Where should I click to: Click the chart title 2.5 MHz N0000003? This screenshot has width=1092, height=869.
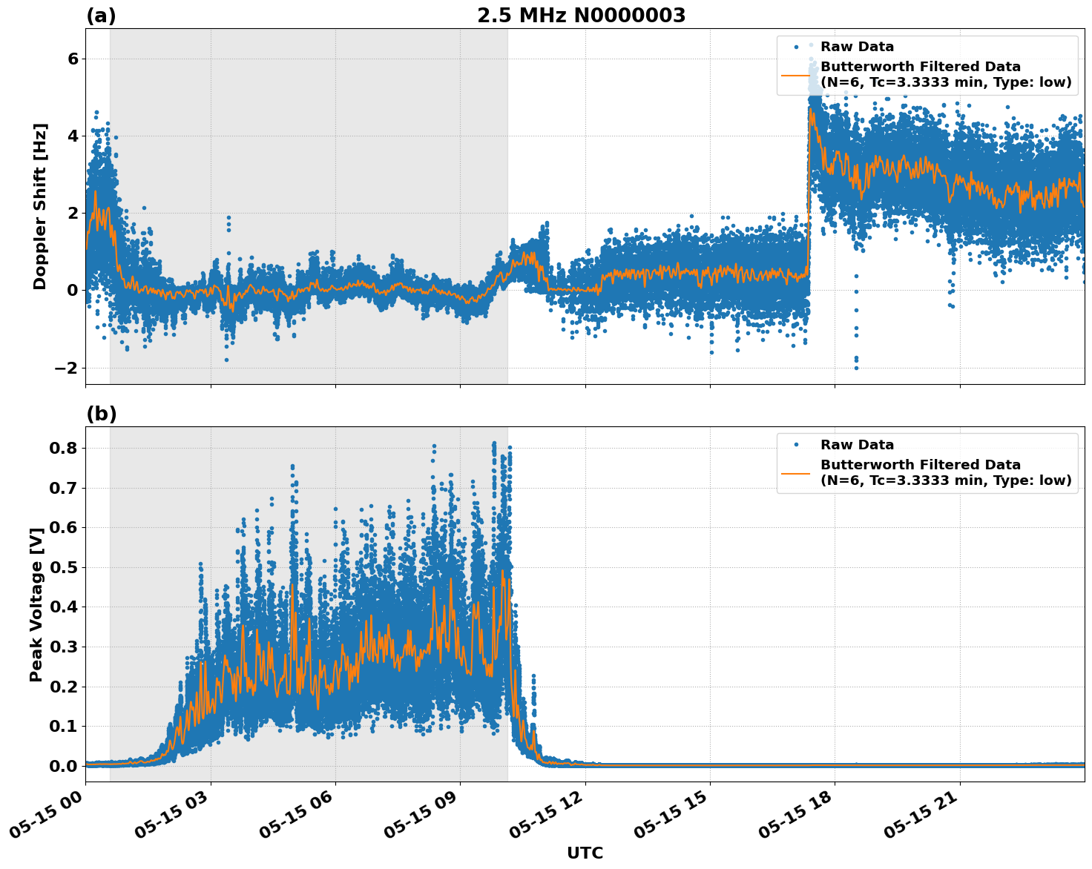(581, 16)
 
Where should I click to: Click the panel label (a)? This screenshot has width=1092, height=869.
(101, 16)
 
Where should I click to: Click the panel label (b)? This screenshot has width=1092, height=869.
(101, 414)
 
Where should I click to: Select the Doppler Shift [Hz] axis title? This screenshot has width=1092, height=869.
(40, 206)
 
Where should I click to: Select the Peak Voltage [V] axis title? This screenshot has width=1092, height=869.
(36, 604)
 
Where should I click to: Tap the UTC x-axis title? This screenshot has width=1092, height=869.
(585, 853)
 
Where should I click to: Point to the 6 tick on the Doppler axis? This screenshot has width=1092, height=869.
(72, 59)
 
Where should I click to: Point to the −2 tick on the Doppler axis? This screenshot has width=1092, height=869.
(67, 368)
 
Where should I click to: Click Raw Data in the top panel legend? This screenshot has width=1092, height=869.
(857, 47)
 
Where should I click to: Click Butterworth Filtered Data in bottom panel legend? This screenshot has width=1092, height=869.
(920, 465)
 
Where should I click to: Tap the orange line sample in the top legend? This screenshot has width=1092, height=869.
(796, 74)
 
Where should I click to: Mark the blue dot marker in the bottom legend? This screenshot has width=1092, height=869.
(796, 445)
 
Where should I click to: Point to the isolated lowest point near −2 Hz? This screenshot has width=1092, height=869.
(856, 367)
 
